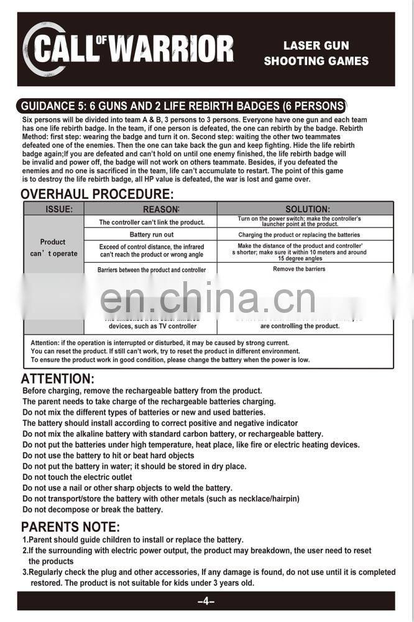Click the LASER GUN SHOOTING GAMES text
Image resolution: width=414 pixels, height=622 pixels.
coord(316,53)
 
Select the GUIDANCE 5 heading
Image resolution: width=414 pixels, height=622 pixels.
coord(183,106)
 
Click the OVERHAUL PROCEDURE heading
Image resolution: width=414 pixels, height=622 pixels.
coord(97,194)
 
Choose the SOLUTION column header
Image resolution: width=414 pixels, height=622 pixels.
coord(307,209)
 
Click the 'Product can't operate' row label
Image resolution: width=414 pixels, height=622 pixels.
coord(53,248)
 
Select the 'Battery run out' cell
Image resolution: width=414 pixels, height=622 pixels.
coord(152,235)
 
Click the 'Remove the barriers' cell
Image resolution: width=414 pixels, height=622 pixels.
coord(299,269)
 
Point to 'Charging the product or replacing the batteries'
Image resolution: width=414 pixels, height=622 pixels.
coord(299,235)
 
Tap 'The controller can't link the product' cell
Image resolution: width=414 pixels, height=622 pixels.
coord(152,222)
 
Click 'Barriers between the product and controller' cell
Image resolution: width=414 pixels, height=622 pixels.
coord(152,270)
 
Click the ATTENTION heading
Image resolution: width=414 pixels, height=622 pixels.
coord(58,379)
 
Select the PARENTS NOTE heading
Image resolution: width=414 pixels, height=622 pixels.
coord(70,528)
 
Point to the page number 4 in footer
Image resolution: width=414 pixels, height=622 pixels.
coord(206,602)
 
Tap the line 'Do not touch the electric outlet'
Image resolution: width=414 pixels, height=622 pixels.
coord(77,477)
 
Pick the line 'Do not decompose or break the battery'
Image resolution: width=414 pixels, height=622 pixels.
coord(93,510)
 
